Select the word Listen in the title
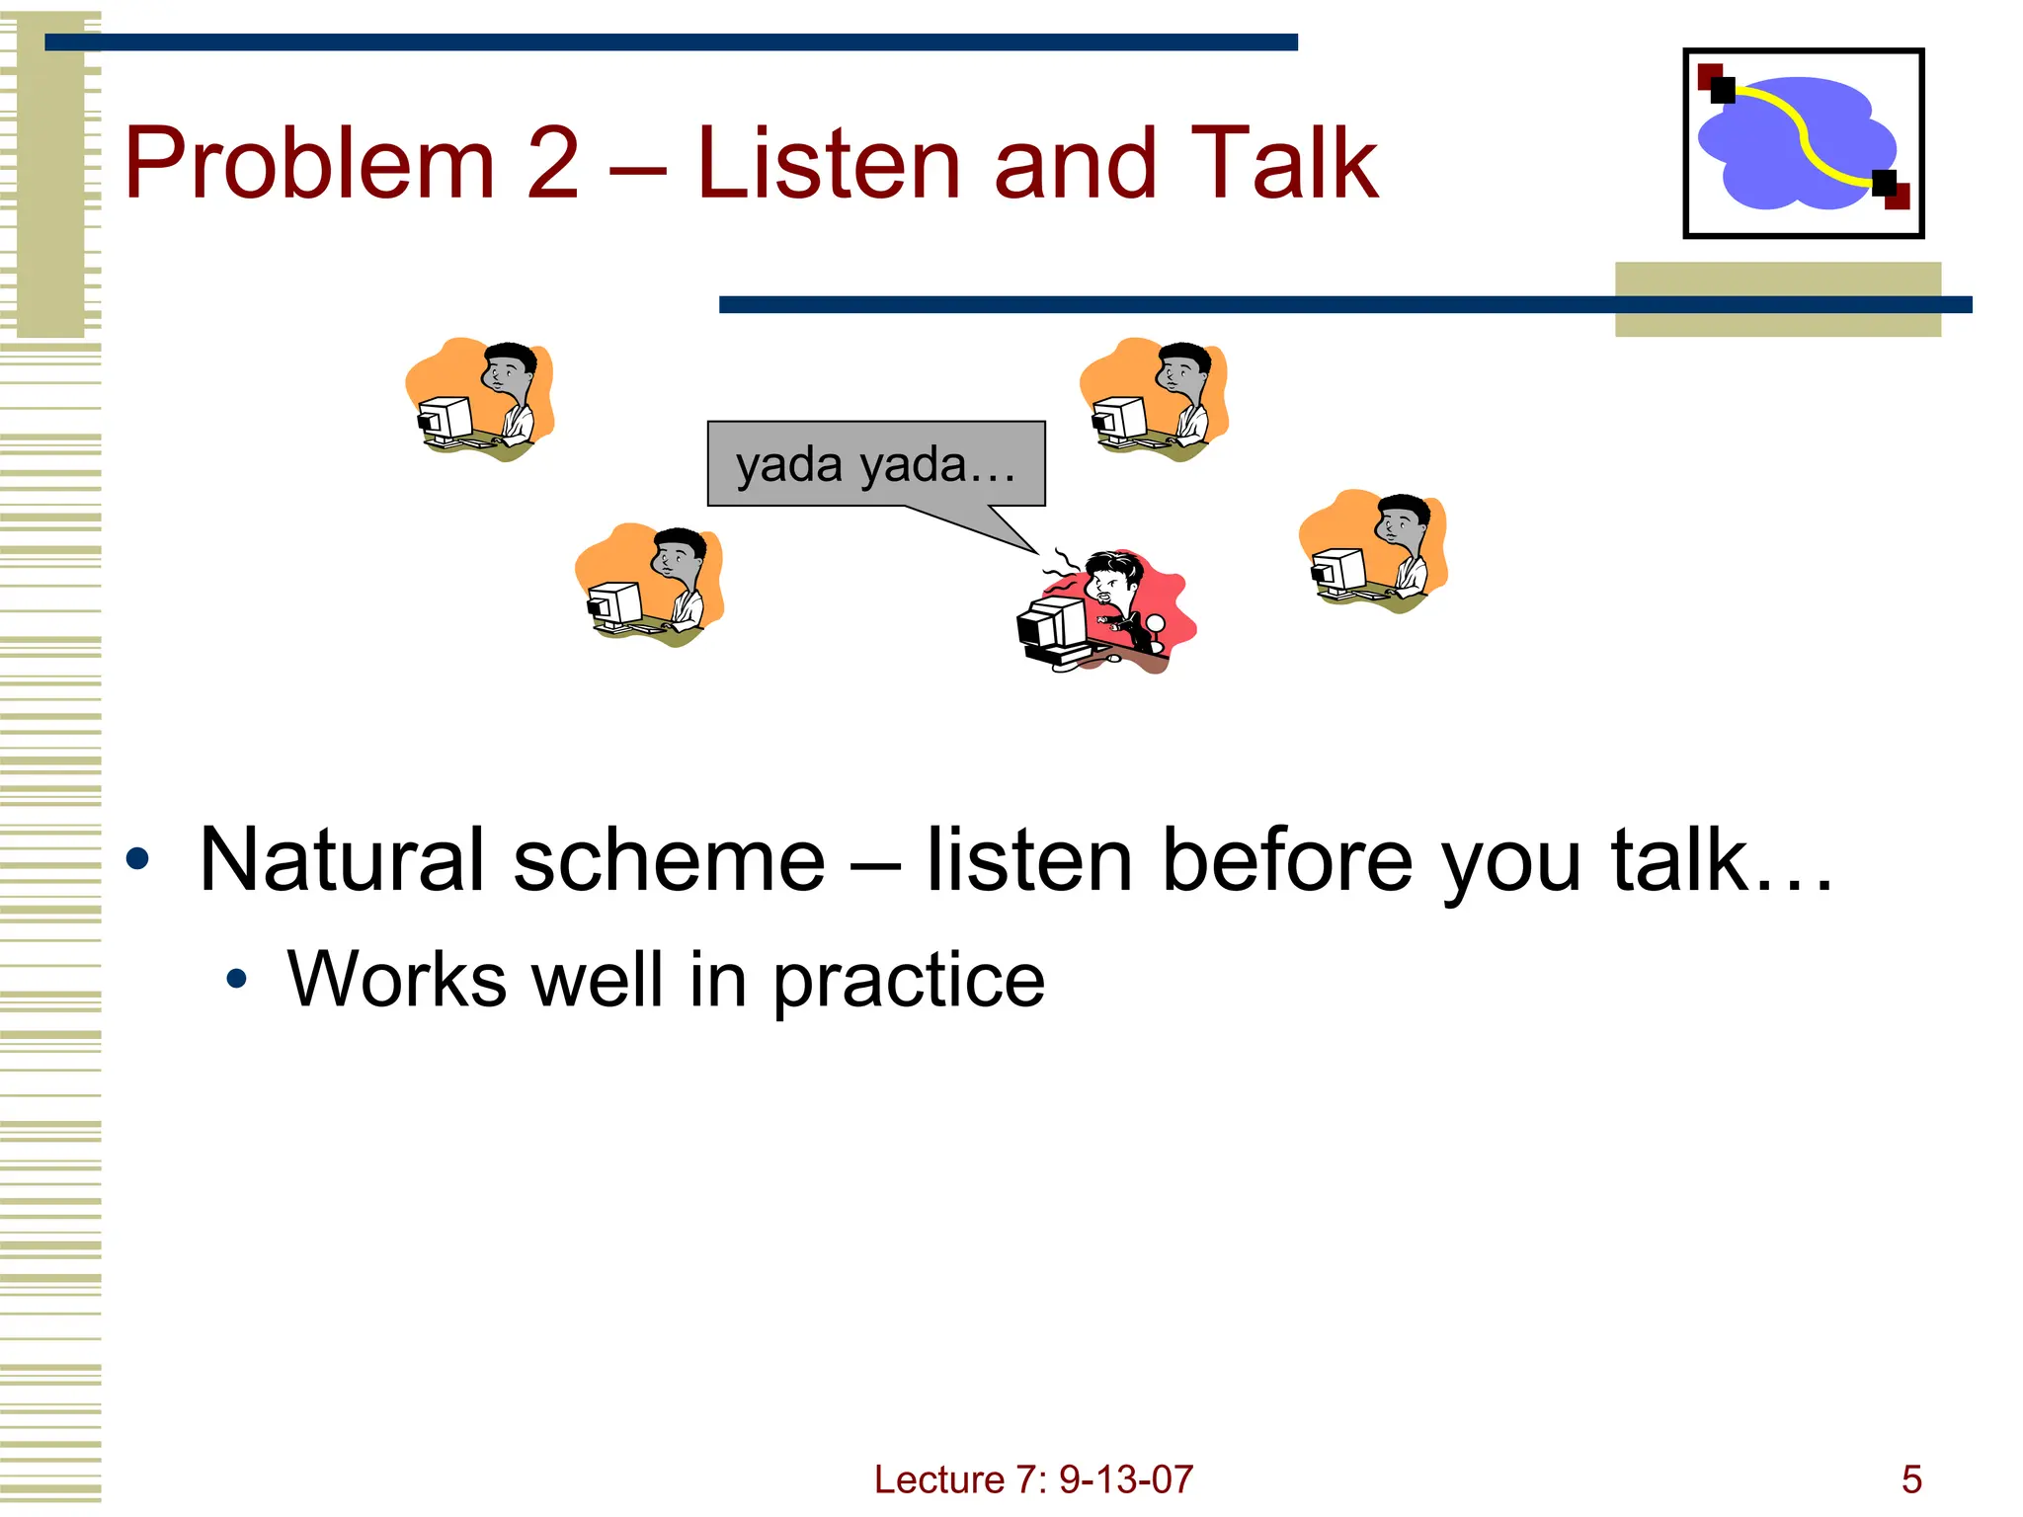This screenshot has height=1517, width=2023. (x=828, y=164)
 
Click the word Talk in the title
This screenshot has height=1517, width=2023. (x=1284, y=164)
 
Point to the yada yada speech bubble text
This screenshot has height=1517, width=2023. (x=875, y=464)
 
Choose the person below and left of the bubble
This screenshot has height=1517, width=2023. (x=649, y=584)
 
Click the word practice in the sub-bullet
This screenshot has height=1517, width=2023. (x=909, y=980)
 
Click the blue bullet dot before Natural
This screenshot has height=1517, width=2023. (x=138, y=859)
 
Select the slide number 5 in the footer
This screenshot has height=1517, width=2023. (x=1911, y=1479)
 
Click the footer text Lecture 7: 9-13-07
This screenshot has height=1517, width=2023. (x=1033, y=1479)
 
